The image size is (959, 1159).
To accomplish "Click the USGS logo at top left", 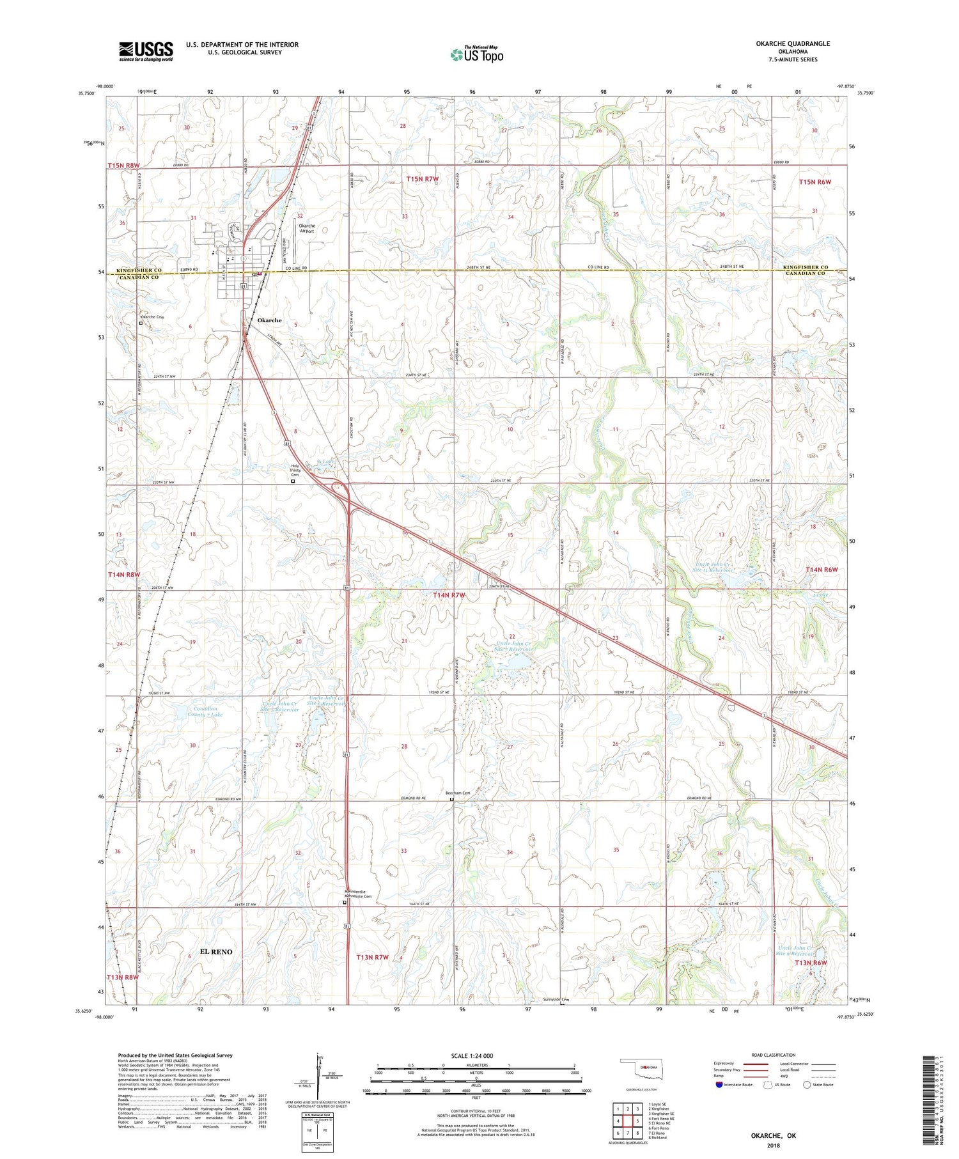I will pyautogui.click(x=146, y=51).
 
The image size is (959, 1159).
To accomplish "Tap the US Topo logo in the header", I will pyautogui.click(x=476, y=55).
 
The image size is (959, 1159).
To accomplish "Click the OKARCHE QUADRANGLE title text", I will pyautogui.click(x=793, y=43).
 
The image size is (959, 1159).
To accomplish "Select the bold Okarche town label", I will pyautogui.click(x=269, y=320).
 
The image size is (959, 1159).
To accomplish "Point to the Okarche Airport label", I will pyautogui.click(x=307, y=228).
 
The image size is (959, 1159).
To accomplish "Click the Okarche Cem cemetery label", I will pyautogui.click(x=152, y=317).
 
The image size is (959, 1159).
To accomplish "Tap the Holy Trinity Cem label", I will pyautogui.click(x=295, y=470).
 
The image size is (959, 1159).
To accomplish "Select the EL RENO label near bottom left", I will pyautogui.click(x=216, y=952).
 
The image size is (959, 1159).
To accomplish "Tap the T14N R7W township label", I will pyautogui.click(x=449, y=595).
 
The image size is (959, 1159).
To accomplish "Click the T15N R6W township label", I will pyautogui.click(x=815, y=182).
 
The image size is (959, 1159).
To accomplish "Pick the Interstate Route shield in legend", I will pyautogui.click(x=720, y=1085).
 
